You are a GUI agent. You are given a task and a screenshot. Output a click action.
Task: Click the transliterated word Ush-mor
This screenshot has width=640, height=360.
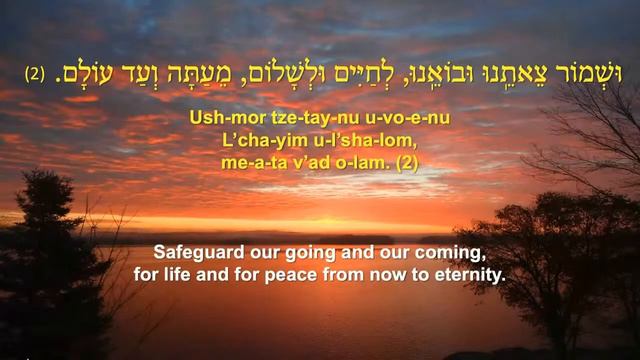[x=215, y=117]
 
